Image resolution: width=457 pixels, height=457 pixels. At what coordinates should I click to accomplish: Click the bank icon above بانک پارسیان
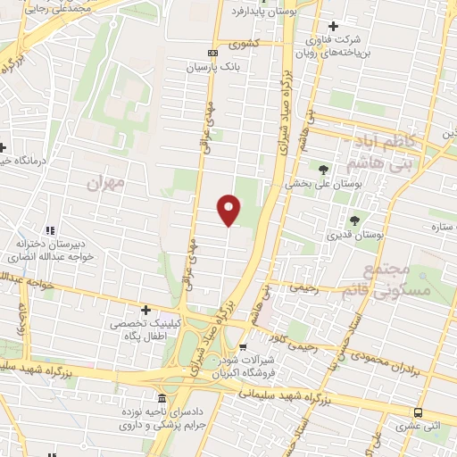212,52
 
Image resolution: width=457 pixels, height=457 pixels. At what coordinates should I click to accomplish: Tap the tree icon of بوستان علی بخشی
322,168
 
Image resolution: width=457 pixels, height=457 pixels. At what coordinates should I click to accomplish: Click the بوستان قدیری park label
355,235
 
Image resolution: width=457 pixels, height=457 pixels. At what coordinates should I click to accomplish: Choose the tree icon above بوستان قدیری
355,220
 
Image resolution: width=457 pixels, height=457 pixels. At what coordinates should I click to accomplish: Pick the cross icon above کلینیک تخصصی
145,310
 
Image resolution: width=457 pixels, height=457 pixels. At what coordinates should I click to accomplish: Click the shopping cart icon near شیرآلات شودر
243,346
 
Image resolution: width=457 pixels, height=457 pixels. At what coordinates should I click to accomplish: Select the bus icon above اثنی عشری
419,412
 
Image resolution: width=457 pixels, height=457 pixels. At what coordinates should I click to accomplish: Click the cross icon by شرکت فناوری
334,27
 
